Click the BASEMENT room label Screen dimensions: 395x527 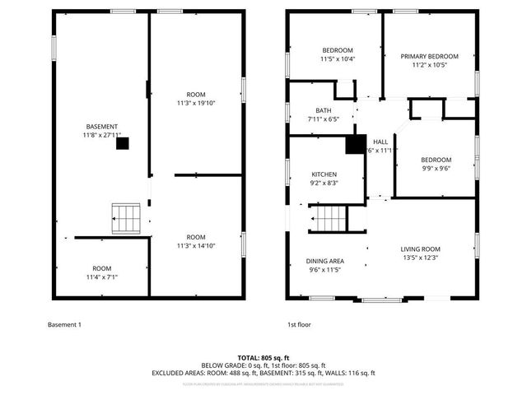coord(101,126)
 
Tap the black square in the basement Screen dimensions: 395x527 coord(122,143)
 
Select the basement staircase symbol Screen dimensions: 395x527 coord(127,218)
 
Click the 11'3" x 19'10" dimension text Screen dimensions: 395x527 coord(196,103)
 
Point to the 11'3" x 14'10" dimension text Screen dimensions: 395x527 coord(196,245)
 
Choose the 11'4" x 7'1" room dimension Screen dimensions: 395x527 coord(101,277)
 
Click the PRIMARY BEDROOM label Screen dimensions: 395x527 coord(430,56)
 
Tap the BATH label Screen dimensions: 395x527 coord(323,110)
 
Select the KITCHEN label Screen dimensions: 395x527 coord(324,174)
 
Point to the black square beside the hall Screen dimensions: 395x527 coord(355,144)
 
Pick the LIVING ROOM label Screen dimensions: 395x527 coord(421,249)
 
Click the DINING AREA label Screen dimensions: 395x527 coord(325,261)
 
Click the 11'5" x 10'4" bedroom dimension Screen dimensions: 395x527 coord(338,58)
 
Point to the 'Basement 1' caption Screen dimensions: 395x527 coord(65,325)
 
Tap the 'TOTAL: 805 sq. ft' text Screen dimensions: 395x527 coord(263,357)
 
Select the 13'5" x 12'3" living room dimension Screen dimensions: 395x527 coord(421,258)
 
